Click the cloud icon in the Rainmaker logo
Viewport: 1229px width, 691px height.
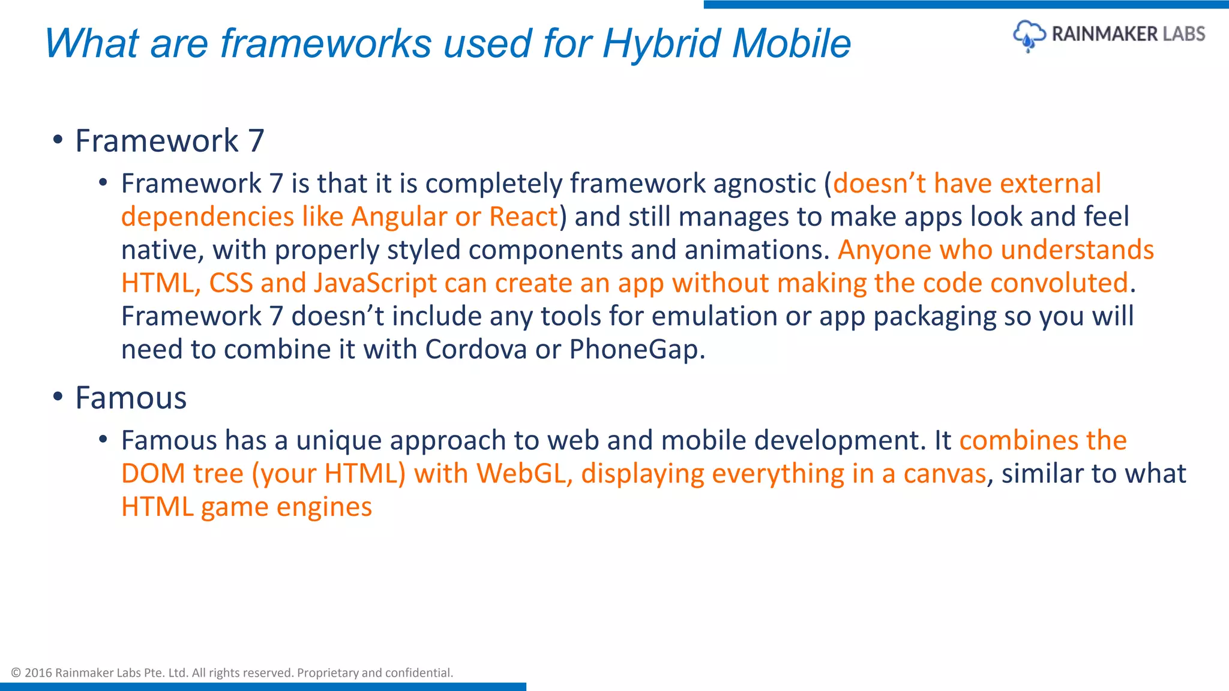pos(1029,35)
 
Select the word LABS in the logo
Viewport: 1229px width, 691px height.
pos(1183,34)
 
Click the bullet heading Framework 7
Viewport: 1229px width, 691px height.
pos(169,141)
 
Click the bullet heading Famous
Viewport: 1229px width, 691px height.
pos(131,398)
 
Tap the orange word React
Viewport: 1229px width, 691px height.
pos(523,217)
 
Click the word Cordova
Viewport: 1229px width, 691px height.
pos(476,350)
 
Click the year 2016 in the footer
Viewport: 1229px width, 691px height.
pos(38,673)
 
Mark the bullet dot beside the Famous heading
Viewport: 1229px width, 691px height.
pos(58,397)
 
